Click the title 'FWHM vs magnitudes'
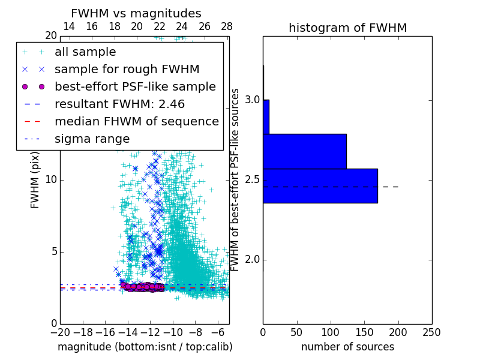pyautogui.click(x=136, y=14)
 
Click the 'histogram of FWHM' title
pyautogui.click(x=347, y=28)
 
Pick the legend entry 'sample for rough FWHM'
pyautogui.click(x=127, y=70)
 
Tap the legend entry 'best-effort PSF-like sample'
pyautogui.click(x=135, y=87)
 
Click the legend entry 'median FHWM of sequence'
pyautogui.click(x=136, y=122)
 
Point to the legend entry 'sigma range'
pyautogui.click(x=92, y=139)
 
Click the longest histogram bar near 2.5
pyautogui.click(x=320, y=185)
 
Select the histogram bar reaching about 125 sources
pyautogui.click(x=304, y=151)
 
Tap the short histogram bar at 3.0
pyautogui.click(x=266, y=116)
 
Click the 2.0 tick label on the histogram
pyautogui.click(x=252, y=260)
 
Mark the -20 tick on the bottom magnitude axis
pyautogui.click(x=60, y=331)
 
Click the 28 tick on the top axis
pyautogui.click(x=227, y=26)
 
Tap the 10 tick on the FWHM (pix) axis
pyautogui.click(x=51, y=180)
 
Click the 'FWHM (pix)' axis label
pyautogui.click(x=35, y=180)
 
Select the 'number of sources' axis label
pyautogui.click(x=347, y=347)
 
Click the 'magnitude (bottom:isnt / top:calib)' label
pyautogui.click(x=145, y=347)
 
